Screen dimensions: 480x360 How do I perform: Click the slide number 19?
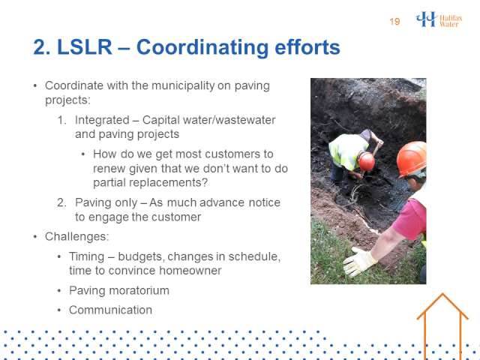(x=394, y=22)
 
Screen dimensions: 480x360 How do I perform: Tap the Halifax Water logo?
(x=439, y=19)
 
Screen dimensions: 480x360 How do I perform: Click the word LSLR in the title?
(x=85, y=47)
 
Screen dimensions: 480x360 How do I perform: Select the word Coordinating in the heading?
(x=202, y=48)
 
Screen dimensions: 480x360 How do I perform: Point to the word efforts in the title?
(x=307, y=47)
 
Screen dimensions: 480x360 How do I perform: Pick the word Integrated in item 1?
(x=102, y=120)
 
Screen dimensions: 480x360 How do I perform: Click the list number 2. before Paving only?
(x=61, y=202)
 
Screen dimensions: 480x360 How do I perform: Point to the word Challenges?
(x=76, y=237)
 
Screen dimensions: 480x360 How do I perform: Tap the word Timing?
(x=87, y=256)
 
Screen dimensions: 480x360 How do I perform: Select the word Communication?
(x=110, y=310)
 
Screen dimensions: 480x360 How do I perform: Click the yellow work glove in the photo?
(x=359, y=262)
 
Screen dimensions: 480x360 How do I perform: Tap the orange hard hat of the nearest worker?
(x=412, y=158)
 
